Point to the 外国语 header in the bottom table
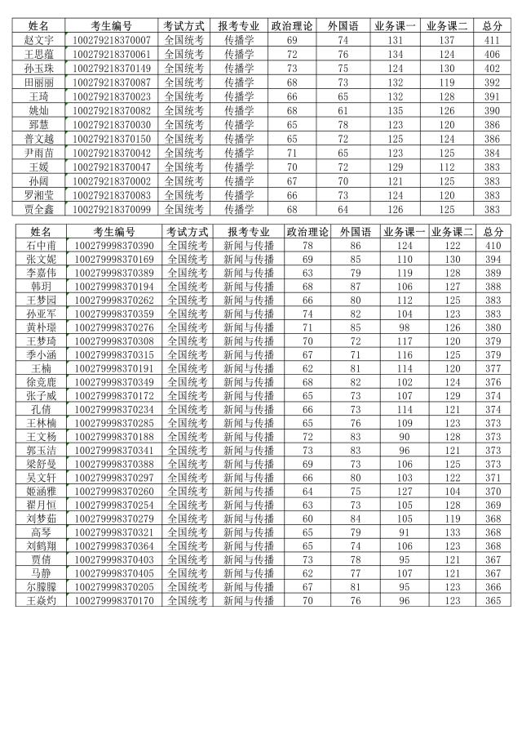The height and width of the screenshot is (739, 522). (x=356, y=232)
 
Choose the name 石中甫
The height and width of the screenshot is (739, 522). (x=42, y=246)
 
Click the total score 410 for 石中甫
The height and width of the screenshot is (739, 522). (x=493, y=246)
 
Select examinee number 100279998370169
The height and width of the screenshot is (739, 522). (x=114, y=260)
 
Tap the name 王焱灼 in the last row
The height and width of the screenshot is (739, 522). (x=42, y=601)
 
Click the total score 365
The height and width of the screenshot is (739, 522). (x=493, y=601)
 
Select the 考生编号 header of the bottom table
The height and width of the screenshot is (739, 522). (x=114, y=232)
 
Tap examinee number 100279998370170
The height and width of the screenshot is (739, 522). (x=114, y=601)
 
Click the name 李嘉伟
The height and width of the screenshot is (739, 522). (x=42, y=273)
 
